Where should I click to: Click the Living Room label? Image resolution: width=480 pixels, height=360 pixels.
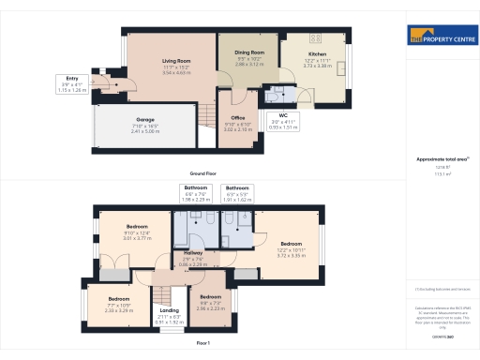tap(170, 59)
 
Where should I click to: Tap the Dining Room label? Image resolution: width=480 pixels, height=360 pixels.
tap(248, 52)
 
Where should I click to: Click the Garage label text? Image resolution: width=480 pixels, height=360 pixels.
tap(144, 120)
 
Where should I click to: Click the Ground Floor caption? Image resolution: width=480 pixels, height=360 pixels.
tap(204, 174)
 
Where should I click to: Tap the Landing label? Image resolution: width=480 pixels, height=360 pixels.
tap(170, 309)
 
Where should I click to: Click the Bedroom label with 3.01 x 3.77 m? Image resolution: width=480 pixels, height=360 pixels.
tap(138, 226)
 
